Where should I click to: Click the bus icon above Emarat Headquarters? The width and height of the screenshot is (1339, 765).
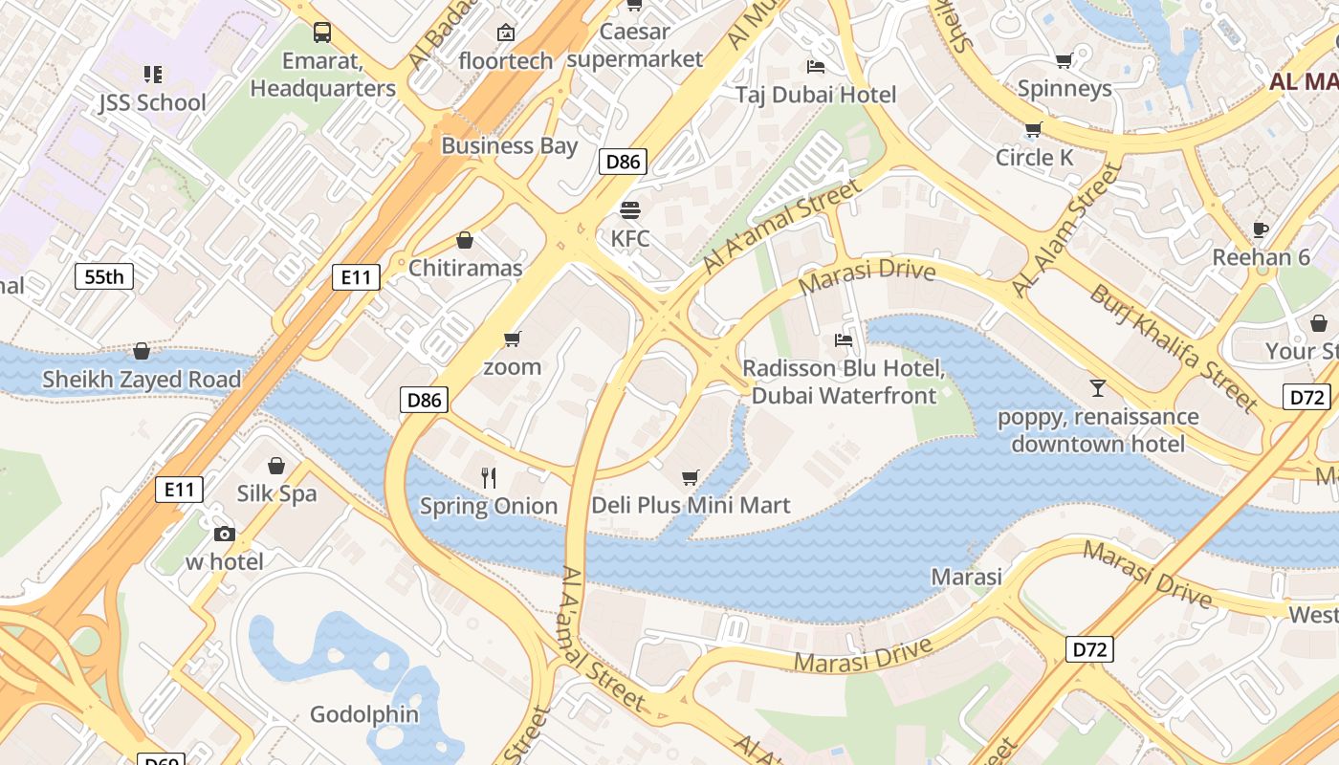coord(322,33)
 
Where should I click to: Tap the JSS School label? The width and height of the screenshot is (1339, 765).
coord(152,102)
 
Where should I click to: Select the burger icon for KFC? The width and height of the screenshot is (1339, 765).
coord(629,209)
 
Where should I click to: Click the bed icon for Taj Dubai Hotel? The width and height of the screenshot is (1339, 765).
coord(816,66)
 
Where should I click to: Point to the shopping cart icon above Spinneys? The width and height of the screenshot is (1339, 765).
coord(1064,60)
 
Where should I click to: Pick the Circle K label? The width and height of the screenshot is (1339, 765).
coord(1035,157)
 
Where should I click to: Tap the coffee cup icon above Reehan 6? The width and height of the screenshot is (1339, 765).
coord(1261,229)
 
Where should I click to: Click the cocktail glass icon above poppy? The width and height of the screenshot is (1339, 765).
coord(1097,388)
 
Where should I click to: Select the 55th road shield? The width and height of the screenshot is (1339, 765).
coord(104,277)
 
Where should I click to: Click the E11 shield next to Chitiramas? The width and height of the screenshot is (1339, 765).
coord(356,277)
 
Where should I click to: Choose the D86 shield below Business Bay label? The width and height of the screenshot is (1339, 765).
coord(623,162)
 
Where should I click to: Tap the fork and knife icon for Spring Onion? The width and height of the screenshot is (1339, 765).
coord(489,477)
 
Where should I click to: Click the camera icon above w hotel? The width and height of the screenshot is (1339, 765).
coord(225,534)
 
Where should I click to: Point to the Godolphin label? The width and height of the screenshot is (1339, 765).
coord(364,714)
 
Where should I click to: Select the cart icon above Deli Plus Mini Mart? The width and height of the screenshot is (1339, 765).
coord(691,477)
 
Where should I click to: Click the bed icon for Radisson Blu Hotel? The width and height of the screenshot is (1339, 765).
coord(844,339)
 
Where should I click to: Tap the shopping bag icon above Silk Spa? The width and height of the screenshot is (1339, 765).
coord(276,466)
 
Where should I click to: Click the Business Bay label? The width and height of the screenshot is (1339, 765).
coord(510,146)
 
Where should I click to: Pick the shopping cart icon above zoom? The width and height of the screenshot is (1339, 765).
coord(512,339)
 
